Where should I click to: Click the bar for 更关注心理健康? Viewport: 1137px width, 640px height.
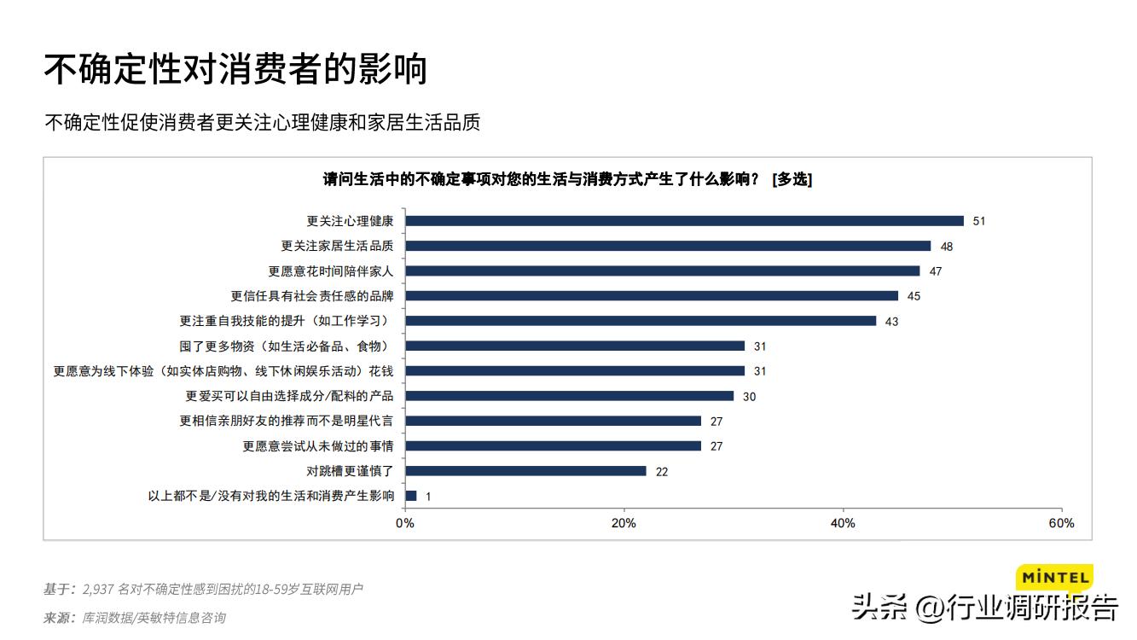(684, 221)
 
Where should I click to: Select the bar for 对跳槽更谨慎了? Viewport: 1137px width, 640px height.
(525, 471)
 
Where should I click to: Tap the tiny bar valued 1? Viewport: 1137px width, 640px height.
(411, 496)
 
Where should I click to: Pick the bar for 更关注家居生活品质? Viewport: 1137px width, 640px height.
(668, 246)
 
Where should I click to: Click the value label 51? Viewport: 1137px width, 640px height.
(979, 221)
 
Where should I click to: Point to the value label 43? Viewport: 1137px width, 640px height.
(891, 322)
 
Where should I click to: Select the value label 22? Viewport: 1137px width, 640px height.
(662, 472)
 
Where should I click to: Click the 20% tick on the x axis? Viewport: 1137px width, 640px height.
(624, 523)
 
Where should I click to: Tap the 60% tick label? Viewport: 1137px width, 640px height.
(1062, 523)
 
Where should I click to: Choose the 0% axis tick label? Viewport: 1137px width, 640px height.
(405, 523)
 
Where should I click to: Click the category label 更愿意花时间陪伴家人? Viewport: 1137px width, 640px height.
(331, 271)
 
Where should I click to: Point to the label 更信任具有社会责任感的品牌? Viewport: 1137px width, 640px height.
(312, 296)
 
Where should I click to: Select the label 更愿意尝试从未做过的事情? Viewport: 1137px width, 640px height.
(318, 446)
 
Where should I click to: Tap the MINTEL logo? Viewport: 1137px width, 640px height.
(1055, 578)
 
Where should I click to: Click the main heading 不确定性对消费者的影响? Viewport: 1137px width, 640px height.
(235, 70)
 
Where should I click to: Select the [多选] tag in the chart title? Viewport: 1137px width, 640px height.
(792, 179)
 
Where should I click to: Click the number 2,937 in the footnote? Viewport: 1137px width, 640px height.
(97, 590)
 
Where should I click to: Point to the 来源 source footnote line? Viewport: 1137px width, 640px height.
(135, 618)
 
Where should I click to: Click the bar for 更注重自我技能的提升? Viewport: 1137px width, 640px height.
(641, 321)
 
